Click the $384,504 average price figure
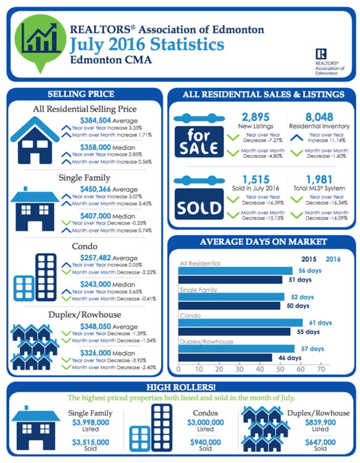[x=95, y=120]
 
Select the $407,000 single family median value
[x=95, y=216]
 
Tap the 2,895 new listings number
[x=256, y=117]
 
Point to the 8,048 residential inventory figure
[x=319, y=117]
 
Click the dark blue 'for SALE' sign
[x=199, y=142]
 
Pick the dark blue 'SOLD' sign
[x=199, y=204]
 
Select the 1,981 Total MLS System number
[x=319, y=179]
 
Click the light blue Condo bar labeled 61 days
[x=240, y=323]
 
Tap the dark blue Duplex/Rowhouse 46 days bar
[x=225, y=357]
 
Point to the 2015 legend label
[x=309, y=259]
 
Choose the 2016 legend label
[x=333, y=259]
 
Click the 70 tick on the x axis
[x=320, y=369]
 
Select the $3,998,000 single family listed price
[x=91, y=422]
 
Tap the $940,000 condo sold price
[x=206, y=443]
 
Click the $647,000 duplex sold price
[x=320, y=443]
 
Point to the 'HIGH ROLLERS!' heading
[x=181, y=387]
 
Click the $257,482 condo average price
[x=95, y=258]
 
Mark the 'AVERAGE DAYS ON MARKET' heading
[x=264, y=242]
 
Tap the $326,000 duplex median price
[x=95, y=353]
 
